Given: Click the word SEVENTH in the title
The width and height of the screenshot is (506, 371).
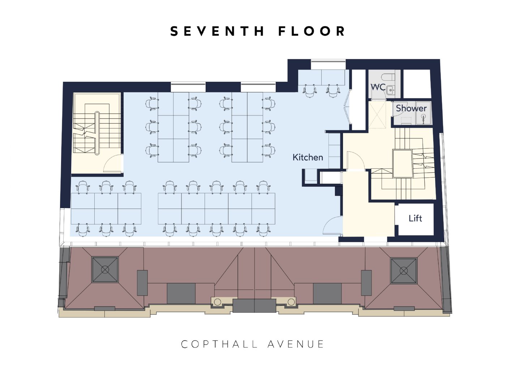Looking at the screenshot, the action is [x=217, y=31].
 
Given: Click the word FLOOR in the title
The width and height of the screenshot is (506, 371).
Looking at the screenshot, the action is [x=312, y=31].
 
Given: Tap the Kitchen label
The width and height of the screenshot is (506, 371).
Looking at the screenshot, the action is [x=308, y=157].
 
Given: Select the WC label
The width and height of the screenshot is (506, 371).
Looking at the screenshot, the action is [x=378, y=87].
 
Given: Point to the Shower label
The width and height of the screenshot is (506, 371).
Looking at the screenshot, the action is [x=411, y=108].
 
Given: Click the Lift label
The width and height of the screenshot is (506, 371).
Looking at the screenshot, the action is [x=415, y=218].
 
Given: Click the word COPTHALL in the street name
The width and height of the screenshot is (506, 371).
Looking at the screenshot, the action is [x=219, y=344].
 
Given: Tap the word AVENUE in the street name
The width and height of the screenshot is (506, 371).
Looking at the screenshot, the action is [x=296, y=344].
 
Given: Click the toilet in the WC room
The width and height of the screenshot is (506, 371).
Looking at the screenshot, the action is [x=388, y=77].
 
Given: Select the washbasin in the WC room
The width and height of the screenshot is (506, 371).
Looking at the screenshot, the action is [x=390, y=90].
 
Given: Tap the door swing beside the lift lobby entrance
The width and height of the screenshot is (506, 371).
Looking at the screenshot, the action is [x=333, y=225].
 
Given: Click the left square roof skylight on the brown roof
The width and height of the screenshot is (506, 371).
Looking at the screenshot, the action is [x=105, y=269].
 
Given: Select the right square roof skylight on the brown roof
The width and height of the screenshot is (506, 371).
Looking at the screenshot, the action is [x=404, y=271].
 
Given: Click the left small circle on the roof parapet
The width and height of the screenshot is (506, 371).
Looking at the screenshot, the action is [x=217, y=302].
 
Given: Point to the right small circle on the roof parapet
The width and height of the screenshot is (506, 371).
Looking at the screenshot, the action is [x=291, y=302].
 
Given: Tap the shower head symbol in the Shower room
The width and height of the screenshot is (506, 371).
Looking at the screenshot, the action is [x=424, y=117].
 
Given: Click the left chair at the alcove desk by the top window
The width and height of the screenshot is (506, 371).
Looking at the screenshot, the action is [x=310, y=90].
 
